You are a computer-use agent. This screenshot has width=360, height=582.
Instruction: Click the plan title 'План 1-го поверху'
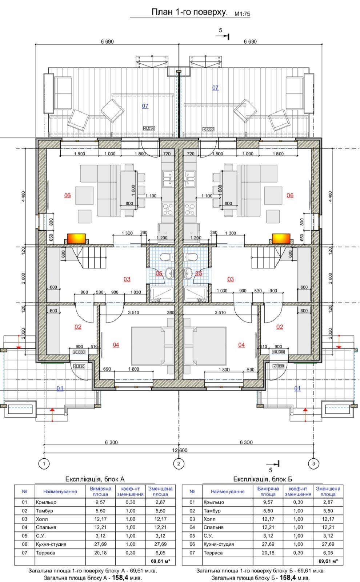click(x=189, y=12)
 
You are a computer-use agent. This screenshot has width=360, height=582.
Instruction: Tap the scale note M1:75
click(x=242, y=14)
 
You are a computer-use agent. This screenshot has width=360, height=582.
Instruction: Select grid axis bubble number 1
click(x=44, y=463)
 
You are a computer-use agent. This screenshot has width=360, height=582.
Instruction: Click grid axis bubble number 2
click(x=179, y=463)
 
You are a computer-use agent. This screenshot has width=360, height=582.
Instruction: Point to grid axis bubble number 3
click(x=313, y=463)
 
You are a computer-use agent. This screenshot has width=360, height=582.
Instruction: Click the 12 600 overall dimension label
click(x=180, y=450)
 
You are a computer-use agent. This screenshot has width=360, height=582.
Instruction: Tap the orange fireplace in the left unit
click(x=76, y=239)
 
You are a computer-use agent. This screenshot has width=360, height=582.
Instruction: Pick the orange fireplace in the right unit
click(x=281, y=239)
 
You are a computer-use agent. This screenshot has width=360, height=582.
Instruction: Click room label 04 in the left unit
click(x=116, y=345)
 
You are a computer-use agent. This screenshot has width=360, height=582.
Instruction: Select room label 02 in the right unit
click(x=280, y=327)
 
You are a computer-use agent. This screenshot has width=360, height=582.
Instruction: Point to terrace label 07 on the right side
click(x=215, y=88)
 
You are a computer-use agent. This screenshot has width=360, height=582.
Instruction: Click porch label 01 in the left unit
click(x=60, y=388)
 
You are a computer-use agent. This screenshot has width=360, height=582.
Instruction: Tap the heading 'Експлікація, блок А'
click(x=95, y=479)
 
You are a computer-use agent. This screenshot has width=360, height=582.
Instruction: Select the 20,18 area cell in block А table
click(x=100, y=553)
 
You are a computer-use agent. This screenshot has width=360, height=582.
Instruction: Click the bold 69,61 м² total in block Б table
click(x=328, y=561)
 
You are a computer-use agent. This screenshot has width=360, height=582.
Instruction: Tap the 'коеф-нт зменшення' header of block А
click(x=131, y=491)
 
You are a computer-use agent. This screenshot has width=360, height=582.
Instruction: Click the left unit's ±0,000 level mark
click(x=79, y=352)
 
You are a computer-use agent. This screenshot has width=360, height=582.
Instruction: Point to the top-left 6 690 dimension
click(x=107, y=41)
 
